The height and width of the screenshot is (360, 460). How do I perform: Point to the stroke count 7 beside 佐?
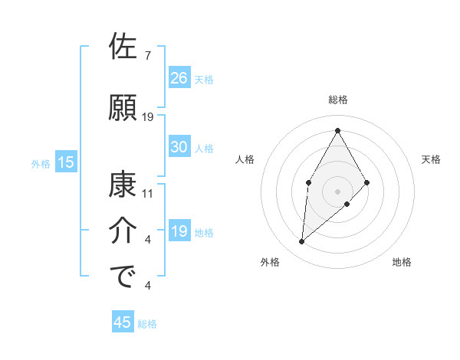[x=148, y=56]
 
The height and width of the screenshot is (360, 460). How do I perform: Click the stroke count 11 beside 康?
[x=148, y=194]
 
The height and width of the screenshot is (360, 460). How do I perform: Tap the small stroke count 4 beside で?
[x=148, y=286]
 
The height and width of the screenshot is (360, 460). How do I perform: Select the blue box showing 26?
[x=179, y=78]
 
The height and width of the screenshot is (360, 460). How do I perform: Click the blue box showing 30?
[x=179, y=147]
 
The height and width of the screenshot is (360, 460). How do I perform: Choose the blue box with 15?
[x=66, y=162]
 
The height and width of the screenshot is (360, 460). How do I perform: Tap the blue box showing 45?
[x=123, y=322]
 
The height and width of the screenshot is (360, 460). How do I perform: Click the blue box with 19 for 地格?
[x=179, y=232]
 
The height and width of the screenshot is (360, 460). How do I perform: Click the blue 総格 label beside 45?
[x=147, y=324]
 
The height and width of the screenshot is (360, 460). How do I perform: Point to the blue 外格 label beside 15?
[x=41, y=162]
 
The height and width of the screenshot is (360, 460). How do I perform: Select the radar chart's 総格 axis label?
[x=337, y=100]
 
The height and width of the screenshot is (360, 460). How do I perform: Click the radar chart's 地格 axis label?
[x=402, y=262]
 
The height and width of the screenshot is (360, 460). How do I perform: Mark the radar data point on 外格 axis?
[x=302, y=242]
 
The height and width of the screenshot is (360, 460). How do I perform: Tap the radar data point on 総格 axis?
[x=337, y=129]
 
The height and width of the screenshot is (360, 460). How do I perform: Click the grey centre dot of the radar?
[x=337, y=191]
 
